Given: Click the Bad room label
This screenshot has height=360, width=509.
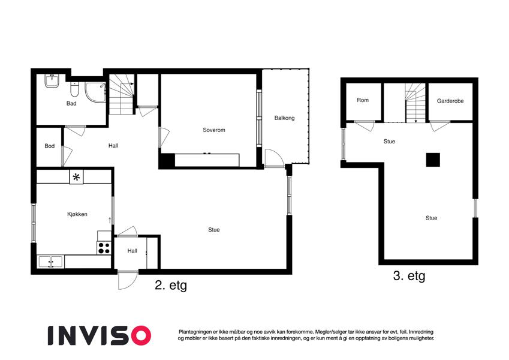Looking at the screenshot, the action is [x=71, y=103].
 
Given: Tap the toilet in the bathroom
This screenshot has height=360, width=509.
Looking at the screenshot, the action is [x=75, y=89].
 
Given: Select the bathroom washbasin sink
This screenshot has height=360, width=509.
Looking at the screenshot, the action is [x=52, y=80].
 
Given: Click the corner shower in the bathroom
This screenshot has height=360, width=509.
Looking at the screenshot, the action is [x=95, y=92].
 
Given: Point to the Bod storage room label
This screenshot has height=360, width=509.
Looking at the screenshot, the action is [x=49, y=146].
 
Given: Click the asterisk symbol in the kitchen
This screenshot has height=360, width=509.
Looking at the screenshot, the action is [x=76, y=177].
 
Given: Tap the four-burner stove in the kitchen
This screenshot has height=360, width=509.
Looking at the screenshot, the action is [x=104, y=248].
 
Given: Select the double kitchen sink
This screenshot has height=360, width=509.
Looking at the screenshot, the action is [x=50, y=262].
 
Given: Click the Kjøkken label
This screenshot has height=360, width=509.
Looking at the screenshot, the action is [x=77, y=214].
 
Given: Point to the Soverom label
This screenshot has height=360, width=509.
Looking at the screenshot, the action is [x=214, y=130].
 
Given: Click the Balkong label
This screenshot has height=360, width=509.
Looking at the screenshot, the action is [x=284, y=118].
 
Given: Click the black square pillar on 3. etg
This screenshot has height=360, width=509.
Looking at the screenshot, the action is [x=433, y=160].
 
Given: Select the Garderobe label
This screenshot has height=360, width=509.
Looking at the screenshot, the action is [x=450, y=101].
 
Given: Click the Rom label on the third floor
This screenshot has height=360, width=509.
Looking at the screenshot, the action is [x=363, y=100].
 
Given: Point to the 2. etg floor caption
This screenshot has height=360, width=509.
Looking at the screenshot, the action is [x=171, y=285].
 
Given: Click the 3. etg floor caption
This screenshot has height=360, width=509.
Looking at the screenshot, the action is [x=409, y=276].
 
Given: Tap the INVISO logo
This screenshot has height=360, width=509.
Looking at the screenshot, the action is [x=100, y=335].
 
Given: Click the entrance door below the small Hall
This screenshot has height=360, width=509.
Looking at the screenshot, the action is [x=128, y=280].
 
